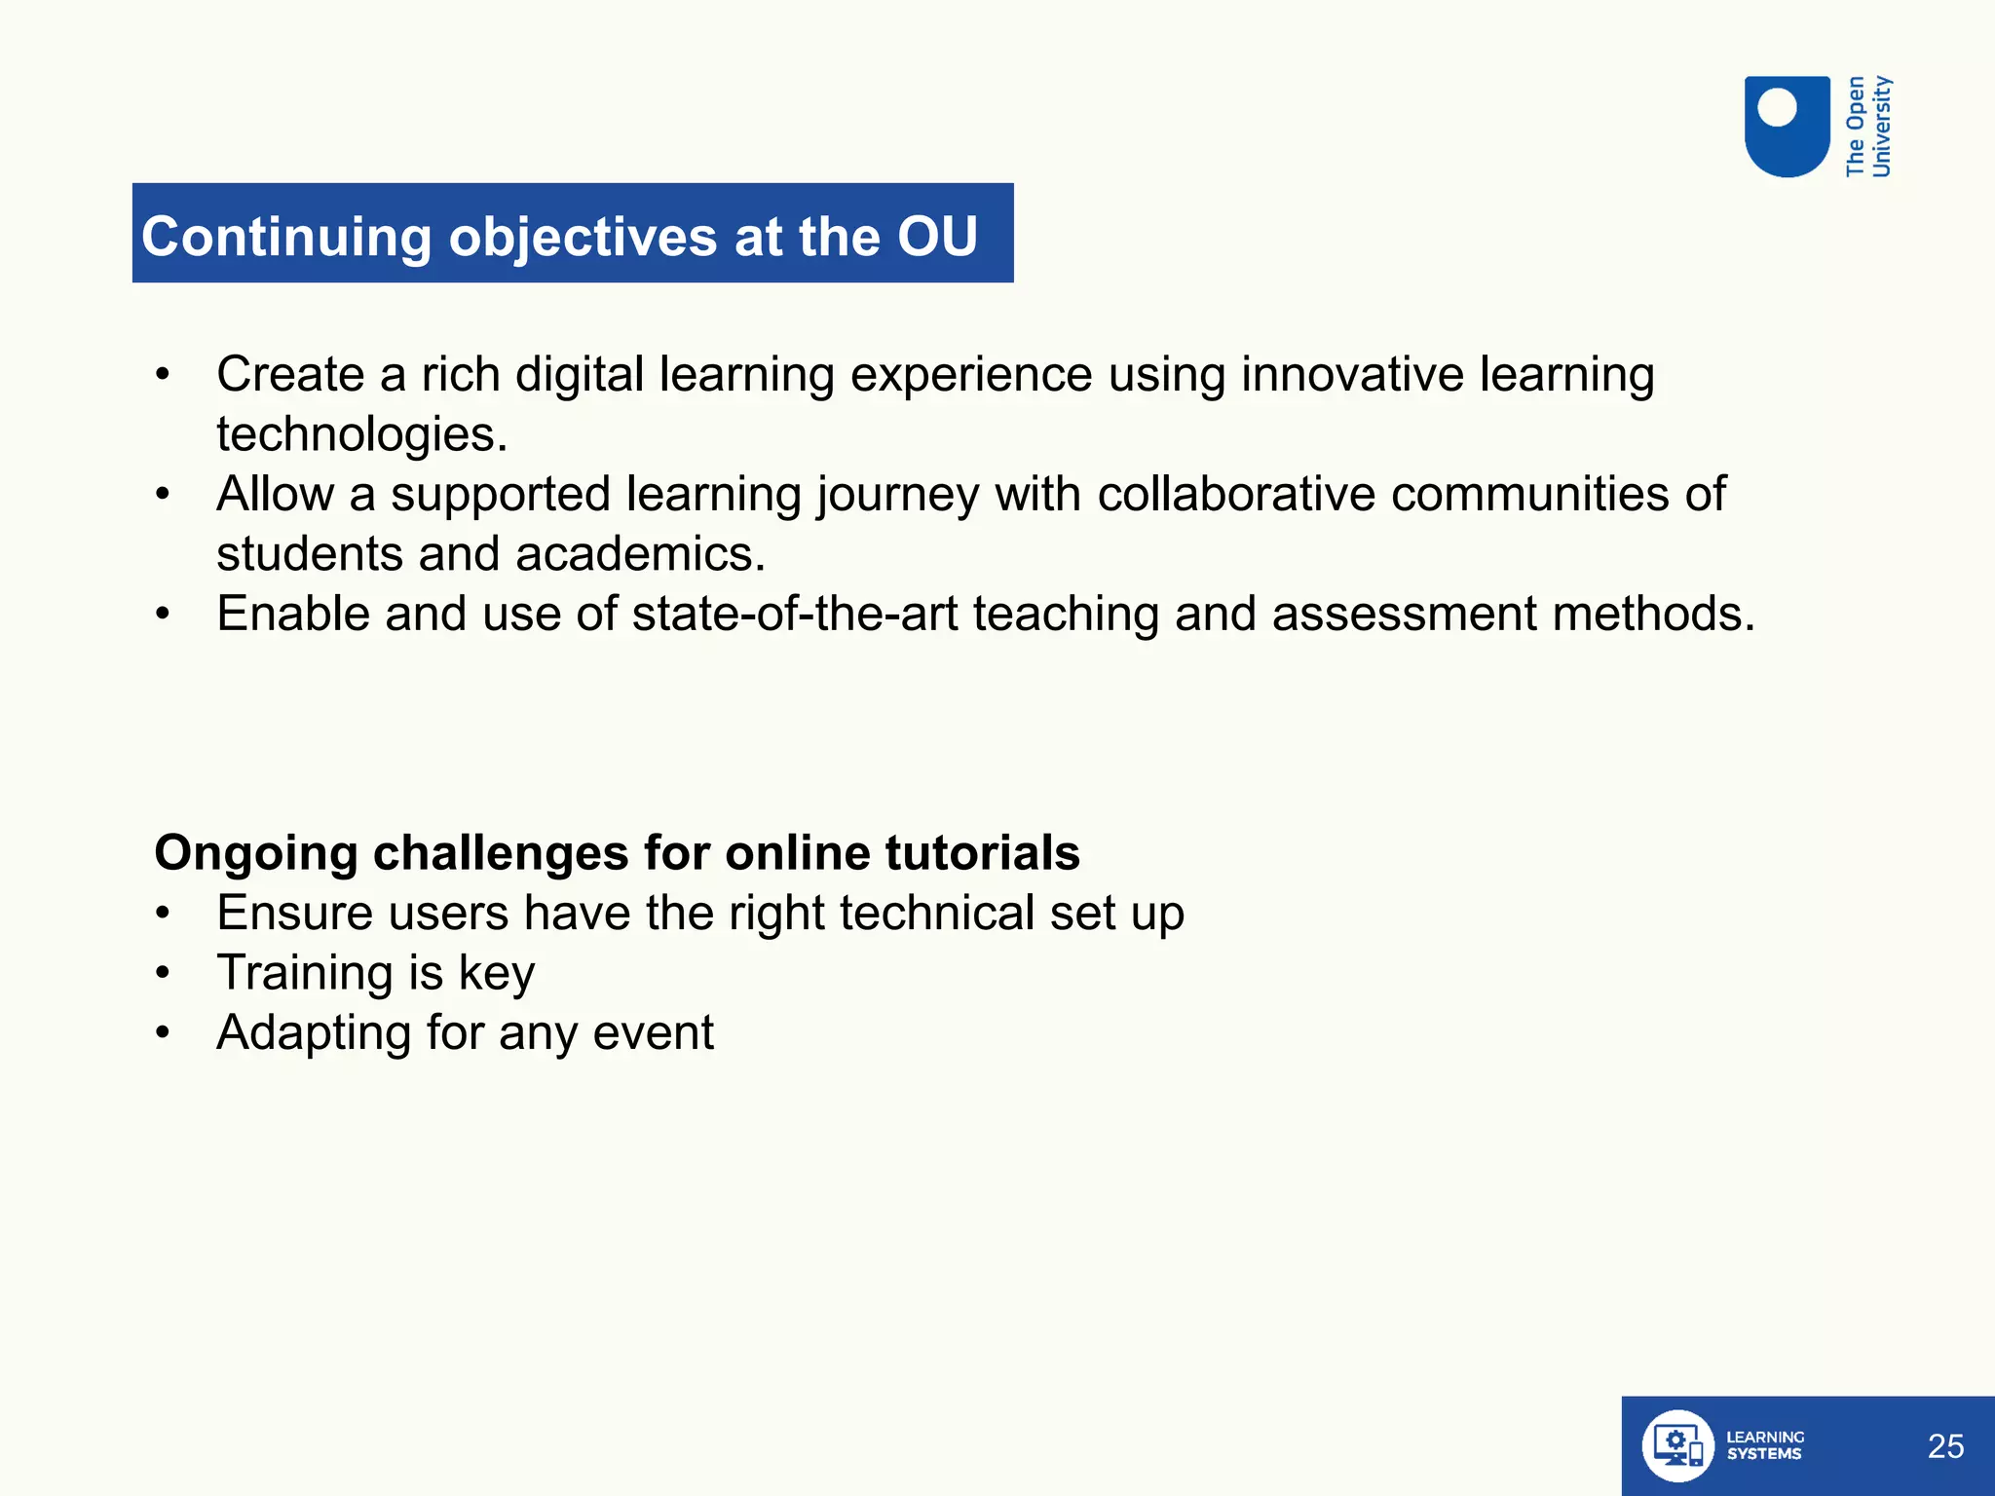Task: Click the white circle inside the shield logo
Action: coord(1777,107)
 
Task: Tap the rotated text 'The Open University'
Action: coord(1868,127)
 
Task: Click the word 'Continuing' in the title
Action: coord(286,238)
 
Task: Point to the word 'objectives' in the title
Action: coord(583,238)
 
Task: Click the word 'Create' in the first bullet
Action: coord(290,374)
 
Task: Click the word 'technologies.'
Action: coord(362,434)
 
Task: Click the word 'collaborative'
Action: coord(1236,494)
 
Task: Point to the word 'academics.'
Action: coord(640,554)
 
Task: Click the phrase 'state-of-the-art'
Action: coord(795,614)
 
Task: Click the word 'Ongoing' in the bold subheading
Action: coord(256,854)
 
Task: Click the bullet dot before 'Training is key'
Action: coord(163,973)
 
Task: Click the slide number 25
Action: coord(1945,1446)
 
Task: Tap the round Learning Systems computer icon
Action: coord(1677,1445)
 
